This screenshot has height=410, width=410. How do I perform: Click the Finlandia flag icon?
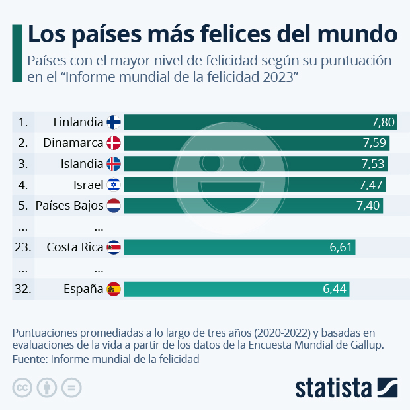pyautogui.click(x=114, y=122)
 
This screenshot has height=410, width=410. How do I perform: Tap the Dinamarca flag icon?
pyautogui.click(x=114, y=143)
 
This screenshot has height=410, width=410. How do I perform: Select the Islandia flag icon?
pyautogui.click(x=114, y=164)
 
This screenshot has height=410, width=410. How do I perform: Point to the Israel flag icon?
pyautogui.click(x=114, y=184)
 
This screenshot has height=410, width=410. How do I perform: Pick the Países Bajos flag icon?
pyautogui.click(x=114, y=206)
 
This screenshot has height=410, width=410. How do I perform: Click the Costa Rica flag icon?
pyautogui.click(x=114, y=247)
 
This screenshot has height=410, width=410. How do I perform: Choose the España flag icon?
pyautogui.click(x=114, y=289)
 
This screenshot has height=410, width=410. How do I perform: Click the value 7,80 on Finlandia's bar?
pyautogui.click(x=383, y=122)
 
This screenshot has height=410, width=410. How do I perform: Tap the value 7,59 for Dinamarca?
pyautogui.click(x=375, y=143)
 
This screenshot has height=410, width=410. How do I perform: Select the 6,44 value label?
pyautogui.click(x=335, y=289)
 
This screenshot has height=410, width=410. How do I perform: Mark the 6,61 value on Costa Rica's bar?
pyautogui.click(x=342, y=247)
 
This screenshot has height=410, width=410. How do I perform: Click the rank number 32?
pyautogui.click(x=23, y=289)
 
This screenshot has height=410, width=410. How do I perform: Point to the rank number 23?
pyautogui.click(x=23, y=247)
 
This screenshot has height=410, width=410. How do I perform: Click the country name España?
pyautogui.click(x=83, y=289)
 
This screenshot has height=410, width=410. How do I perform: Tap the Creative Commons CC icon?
pyautogui.click(x=22, y=388)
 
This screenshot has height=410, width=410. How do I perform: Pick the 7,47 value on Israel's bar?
pyautogui.click(x=371, y=184)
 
